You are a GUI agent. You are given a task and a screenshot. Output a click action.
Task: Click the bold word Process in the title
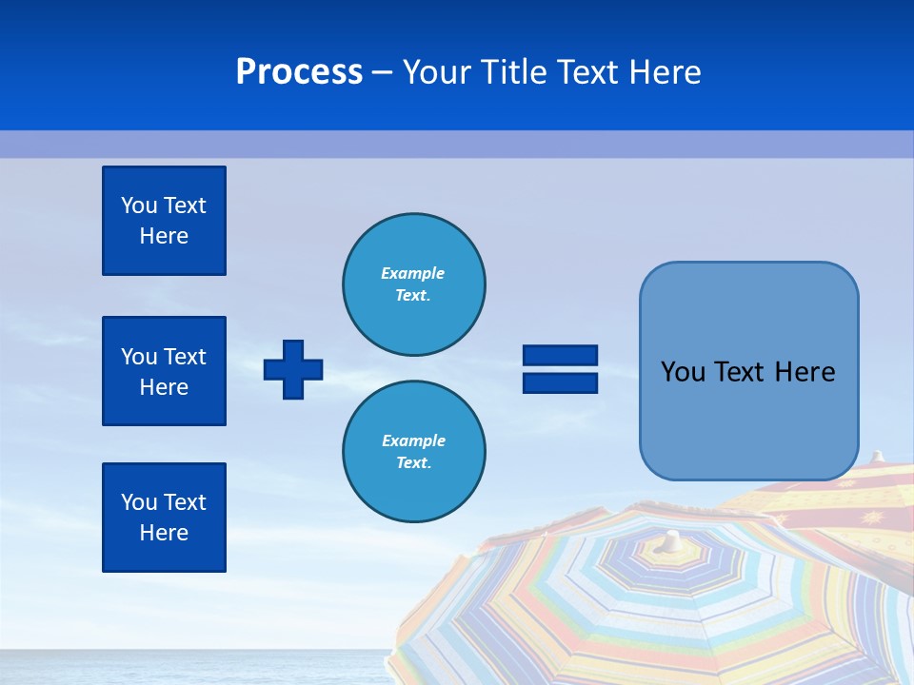(x=299, y=72)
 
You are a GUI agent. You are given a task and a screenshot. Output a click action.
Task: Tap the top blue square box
(x=164, y=221)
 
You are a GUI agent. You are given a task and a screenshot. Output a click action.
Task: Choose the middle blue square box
(x=164, y=371)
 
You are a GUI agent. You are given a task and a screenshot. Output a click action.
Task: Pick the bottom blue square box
(x=164, y=518)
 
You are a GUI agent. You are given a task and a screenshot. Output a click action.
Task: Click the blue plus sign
(x=293, y=369)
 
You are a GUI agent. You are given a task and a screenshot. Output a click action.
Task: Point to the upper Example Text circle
(x=413, y=284)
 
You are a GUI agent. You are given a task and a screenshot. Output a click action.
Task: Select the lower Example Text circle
(x=413, y=451)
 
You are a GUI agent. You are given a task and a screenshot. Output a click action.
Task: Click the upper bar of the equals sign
(x=560, y=355)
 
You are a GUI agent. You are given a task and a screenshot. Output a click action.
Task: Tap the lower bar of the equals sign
(x=560, y=382)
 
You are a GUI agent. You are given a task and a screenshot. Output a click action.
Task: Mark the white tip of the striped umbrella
(x=673, y=539)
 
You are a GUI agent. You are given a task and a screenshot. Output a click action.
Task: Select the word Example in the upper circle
(x=412, y=273)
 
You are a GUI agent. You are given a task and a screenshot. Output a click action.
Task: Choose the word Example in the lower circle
(x=413, y=440)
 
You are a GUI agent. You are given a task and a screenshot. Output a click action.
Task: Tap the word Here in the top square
(x=164, y=236)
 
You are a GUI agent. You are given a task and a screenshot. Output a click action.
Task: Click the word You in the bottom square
(x=139, y=502)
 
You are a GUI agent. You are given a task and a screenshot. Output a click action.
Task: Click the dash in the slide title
(x=382, y=72)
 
